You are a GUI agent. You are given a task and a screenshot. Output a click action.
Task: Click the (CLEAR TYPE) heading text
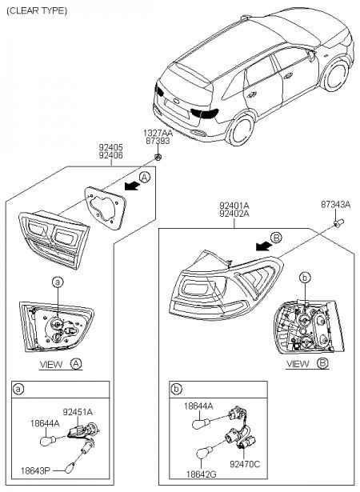(x=37, y=11)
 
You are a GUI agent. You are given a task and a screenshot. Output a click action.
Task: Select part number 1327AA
(x=158, y=133)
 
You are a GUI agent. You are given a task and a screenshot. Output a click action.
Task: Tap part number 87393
(x=158, y=141)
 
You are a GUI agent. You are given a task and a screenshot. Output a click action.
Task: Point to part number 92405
(x=111, y=147)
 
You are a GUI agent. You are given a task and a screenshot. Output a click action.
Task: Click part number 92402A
(x=234, y=214)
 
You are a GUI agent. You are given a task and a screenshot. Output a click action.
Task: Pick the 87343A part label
(x=335, y=205)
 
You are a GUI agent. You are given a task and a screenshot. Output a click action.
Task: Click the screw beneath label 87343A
(x=338, y=223)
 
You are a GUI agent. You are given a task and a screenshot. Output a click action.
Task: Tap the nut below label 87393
(x=158, y=157)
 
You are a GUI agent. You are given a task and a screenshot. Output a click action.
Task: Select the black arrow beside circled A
(x=132, y=186)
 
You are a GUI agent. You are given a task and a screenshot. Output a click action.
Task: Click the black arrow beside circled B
(x=264, y=246)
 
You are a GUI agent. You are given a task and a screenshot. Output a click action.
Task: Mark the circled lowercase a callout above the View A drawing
(x=58, y=282)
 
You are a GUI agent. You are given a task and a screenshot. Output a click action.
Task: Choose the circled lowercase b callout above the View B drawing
(x=305, y=278)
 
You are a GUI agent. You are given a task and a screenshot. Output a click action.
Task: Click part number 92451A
(x=78, y=412)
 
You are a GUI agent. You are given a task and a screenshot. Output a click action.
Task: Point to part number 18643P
(x=35, y=470)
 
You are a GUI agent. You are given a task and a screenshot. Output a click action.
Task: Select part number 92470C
(x=245, y=464)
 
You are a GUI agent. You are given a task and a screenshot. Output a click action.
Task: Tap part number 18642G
(x=201, y=474)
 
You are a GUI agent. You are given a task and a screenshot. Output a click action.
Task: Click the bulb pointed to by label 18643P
(x=69, y=468)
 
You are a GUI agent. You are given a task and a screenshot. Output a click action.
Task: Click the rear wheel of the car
(x=241, y=130)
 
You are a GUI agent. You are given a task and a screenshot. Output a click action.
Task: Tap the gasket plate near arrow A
(x=105, y=208)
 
